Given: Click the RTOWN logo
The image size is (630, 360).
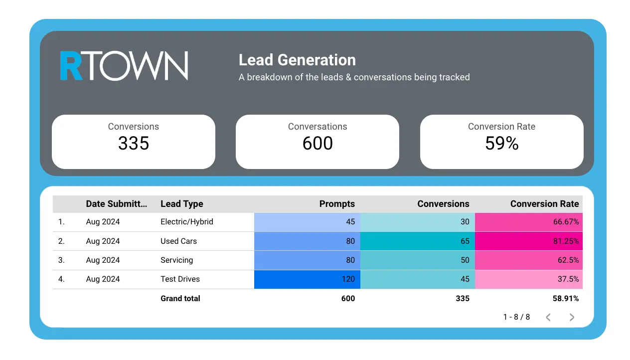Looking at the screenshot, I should (124, 66).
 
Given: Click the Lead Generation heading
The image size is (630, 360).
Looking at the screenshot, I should (297, 60).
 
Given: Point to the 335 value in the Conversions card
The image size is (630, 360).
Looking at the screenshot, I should (134, 144).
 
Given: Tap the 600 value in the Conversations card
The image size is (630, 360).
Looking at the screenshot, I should (317, 144).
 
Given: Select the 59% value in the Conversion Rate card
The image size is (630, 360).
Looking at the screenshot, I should (501, 144).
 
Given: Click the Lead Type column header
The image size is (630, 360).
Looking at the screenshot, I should (182, 204).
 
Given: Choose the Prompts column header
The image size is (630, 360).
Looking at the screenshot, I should (337, 204).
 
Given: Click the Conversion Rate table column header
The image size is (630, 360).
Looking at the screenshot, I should (544, 204).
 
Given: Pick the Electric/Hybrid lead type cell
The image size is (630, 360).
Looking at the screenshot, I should (187, 222).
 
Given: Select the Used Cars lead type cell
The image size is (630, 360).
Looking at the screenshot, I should (178, 241).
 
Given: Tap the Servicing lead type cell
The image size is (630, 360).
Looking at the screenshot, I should (176, 260).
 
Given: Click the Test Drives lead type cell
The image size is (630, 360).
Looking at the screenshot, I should (180, 279).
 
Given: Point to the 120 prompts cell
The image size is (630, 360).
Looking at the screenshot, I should (348, 279).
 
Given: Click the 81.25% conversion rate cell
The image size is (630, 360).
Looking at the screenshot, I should (566, 241).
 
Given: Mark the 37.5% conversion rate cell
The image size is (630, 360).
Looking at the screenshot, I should (568, 279).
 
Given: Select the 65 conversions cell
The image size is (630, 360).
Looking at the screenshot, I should (465, 241).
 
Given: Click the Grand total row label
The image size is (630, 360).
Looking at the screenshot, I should (180, 299).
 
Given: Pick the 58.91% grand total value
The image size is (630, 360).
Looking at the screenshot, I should (566, 299).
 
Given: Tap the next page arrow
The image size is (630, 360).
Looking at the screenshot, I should (572, 317).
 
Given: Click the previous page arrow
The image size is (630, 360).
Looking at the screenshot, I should (548, 317).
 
